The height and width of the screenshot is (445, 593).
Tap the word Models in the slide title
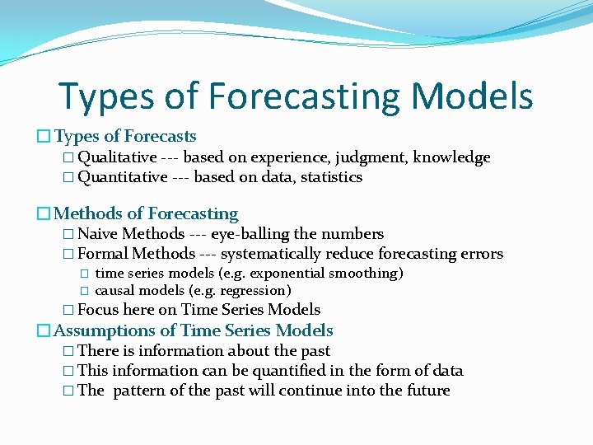pos(473,96)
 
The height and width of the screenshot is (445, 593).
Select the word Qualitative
pos(117,157)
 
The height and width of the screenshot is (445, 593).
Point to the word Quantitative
pos(122,177)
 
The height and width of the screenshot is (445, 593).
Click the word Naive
pos(97,234)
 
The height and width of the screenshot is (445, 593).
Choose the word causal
pos(115,290)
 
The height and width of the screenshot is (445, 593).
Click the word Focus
pos(98,310)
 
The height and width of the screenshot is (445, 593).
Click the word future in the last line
pos(427,391)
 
